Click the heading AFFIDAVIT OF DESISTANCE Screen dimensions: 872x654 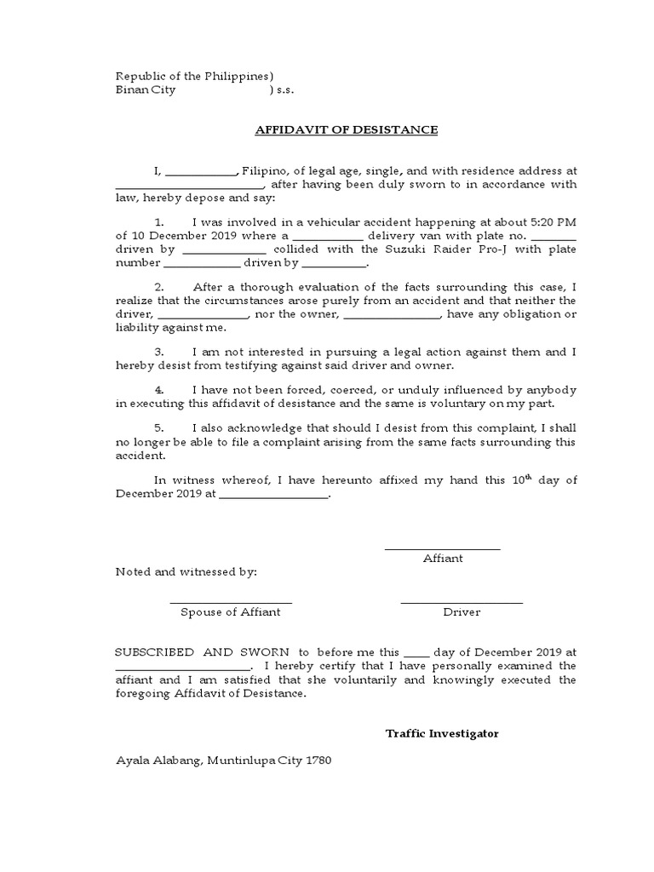[x=346, y=130]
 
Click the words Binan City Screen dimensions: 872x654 [x=146, y=90]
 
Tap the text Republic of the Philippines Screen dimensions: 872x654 [x=194, y=75]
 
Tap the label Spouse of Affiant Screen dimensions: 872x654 [x=230, y=612]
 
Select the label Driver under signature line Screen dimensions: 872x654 [x=462, y=612]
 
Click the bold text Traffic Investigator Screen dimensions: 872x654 [x=442, y=733]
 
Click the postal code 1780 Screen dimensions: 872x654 [x=316, y=760]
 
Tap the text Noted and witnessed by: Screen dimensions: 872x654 [x=186, y=572]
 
